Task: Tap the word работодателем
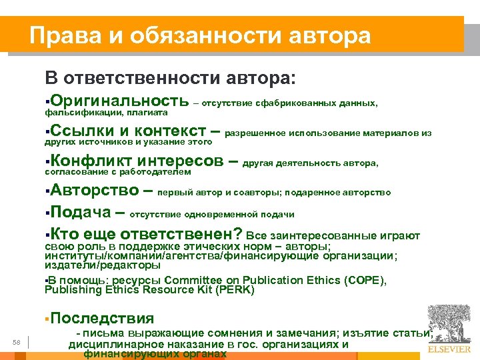tap(157, 172)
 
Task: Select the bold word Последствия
tap(101, 319)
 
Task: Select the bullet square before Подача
tap(47, 214)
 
